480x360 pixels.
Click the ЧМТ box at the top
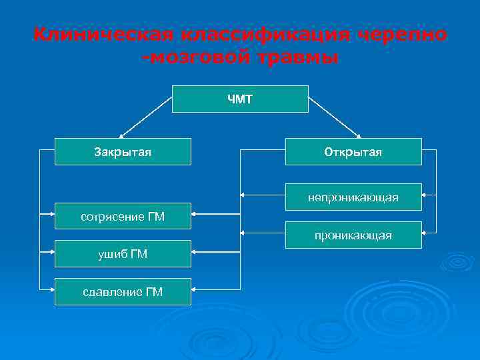(240, 99)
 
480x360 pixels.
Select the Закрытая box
(123, 151)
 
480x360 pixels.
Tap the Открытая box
(353, 151)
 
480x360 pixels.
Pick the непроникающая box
(353, 197)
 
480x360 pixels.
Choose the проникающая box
(353, 235)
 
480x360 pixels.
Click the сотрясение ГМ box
(123, 216)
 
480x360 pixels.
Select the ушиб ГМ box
(123, 253)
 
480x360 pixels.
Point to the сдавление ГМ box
(123, 291)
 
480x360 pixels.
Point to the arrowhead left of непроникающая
(243, 196)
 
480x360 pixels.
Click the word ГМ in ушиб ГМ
(139, 253)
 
